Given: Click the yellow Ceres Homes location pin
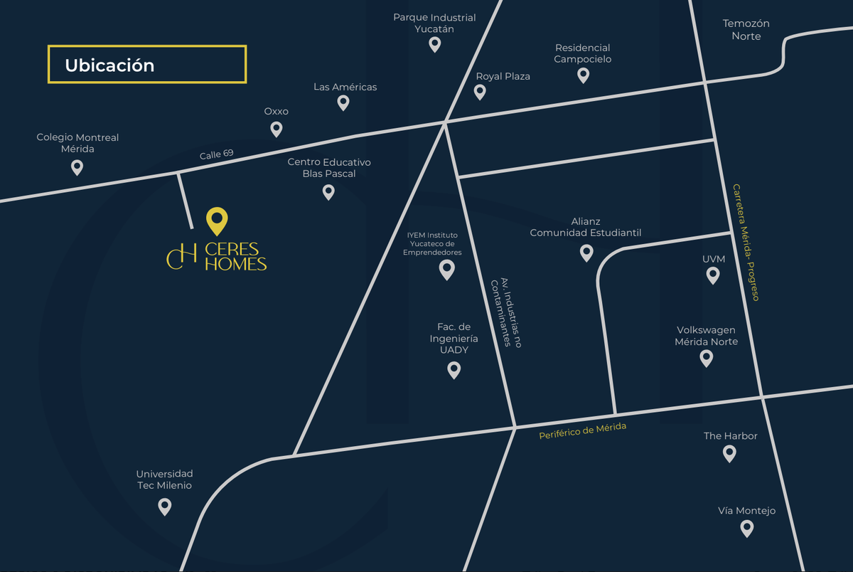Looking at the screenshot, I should click(x=217, y=221).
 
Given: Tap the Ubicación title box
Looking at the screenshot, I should click(x=147, y=65).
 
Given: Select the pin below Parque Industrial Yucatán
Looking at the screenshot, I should click(x=435, y=44).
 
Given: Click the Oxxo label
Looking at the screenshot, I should click(x=277, y=112).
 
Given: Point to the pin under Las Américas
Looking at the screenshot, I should click(x=343, y=102).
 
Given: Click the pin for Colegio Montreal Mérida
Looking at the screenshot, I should click(x=77, y=167).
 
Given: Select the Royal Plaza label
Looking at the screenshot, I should click(x=503, y=76).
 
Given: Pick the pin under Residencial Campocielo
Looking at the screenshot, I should click(x=584, y=75).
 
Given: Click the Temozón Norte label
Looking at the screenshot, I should click(x=746, y=30).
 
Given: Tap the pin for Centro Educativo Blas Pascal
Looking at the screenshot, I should click(x=328, y=191).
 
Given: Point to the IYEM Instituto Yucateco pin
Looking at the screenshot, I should click(x=446, y=269).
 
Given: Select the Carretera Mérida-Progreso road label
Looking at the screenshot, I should click(x=746, y=243).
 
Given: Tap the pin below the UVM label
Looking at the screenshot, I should click(x=713, y=275).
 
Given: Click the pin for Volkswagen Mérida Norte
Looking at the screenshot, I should click(x=707, y=358).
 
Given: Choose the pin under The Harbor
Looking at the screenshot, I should click(x=729, y=453).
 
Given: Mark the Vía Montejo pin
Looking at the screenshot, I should click(x=746, y=528).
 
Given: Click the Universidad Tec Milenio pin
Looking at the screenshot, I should click(x=165, y=507).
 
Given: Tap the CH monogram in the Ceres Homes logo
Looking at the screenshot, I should click(x=181, y=257).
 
